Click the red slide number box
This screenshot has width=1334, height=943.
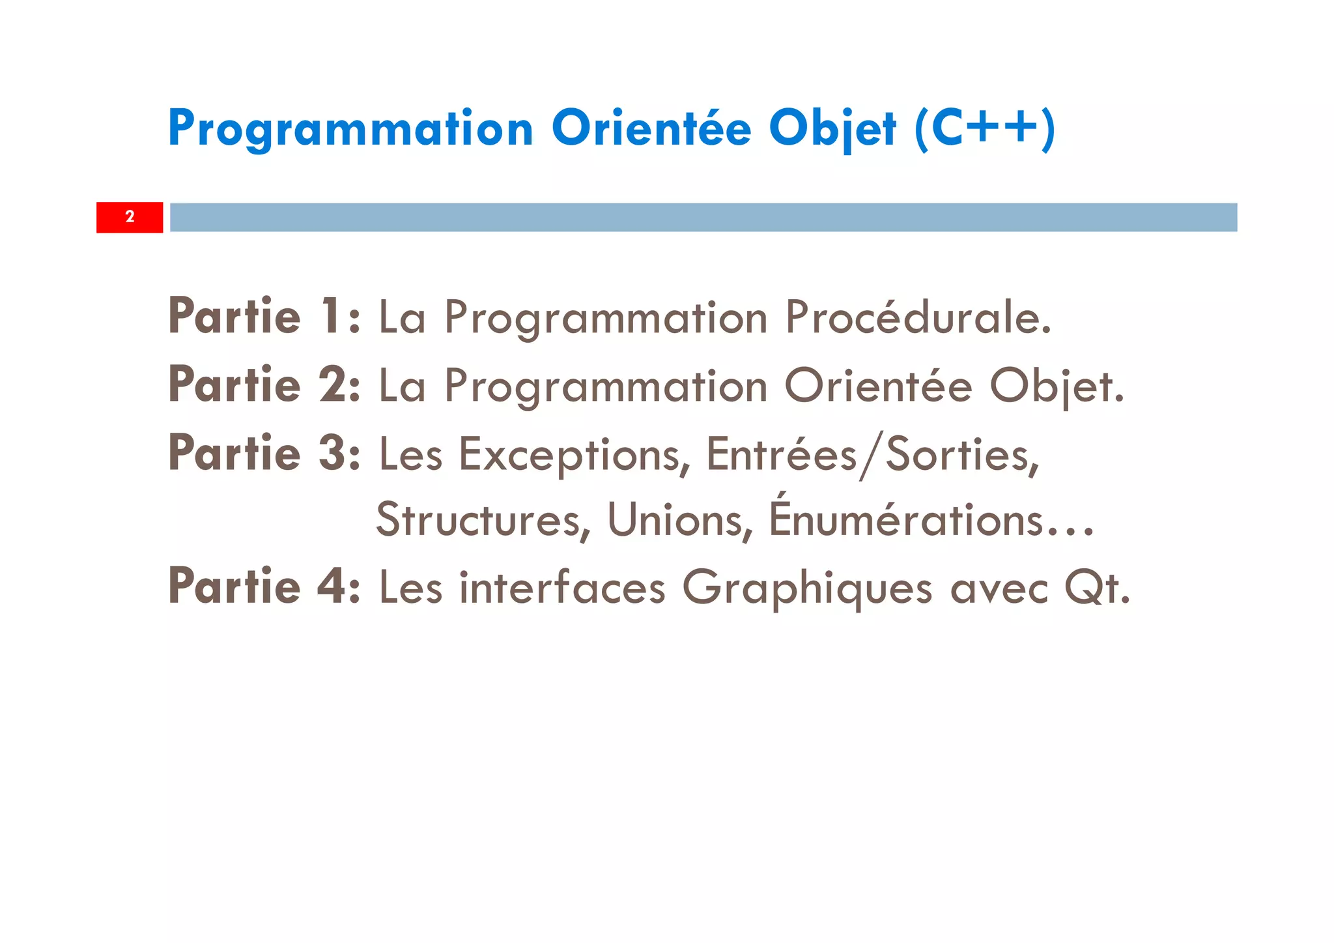point(130,217)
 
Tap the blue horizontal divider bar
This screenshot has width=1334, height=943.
point(703,217)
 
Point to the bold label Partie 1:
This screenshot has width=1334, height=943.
point(264,317)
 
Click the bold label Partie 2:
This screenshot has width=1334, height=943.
point(264,385)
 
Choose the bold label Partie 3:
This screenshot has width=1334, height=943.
point(264,454)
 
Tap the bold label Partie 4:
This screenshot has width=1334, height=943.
point(264,587)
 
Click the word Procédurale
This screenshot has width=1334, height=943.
point(918,318)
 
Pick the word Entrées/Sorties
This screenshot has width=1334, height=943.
point(873,455)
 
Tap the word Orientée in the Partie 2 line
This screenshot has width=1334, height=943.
point(878,386)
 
